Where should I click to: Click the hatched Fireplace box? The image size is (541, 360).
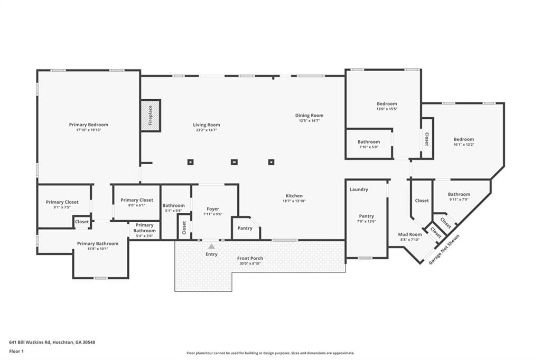[150, 115]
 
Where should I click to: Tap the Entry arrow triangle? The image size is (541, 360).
[211, 247]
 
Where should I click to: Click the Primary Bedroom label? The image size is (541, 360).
[88, 125]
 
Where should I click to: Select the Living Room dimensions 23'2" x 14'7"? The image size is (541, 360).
[206, 130]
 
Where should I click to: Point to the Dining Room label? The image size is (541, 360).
[309, 116]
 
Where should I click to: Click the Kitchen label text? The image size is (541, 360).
[294, 196]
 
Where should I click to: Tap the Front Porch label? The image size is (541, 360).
[250, 258]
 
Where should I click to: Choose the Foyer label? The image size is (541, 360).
[212, 209]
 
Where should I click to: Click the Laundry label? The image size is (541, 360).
[359, 190]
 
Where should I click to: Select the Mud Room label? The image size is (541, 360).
[410, 234]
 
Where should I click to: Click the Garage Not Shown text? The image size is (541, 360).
[444, 249]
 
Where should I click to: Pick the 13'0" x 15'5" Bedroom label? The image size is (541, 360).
[387, 104]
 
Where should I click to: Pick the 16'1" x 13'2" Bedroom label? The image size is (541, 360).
[463, 139]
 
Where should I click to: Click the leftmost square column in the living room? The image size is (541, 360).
[191, 162]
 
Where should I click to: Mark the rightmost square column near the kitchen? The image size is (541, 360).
[271, 162]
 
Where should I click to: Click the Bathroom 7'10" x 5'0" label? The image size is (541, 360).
[368, 142]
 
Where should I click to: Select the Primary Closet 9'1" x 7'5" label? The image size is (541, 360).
[62, 202]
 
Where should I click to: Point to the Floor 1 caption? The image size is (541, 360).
[17, 351]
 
